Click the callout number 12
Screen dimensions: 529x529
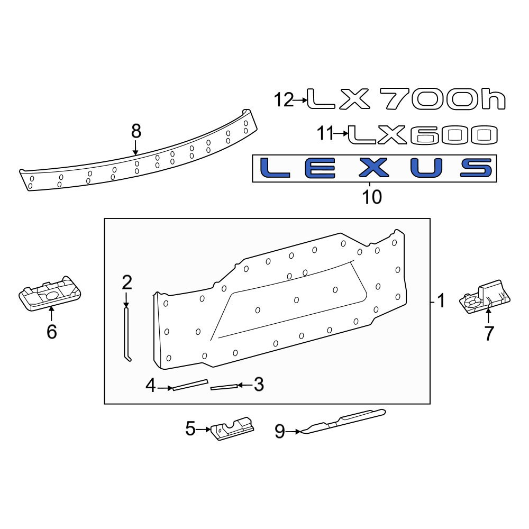284,99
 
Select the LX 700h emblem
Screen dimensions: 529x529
406,99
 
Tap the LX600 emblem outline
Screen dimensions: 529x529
423,135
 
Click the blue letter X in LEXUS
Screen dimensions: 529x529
375,168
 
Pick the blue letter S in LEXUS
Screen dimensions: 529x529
476,168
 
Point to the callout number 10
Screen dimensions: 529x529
372,197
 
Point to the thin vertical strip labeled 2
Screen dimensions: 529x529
127,336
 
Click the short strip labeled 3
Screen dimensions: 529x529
224,387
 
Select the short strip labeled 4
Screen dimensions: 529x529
189,385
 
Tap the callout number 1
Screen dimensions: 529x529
441,302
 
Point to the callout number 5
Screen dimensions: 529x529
190,429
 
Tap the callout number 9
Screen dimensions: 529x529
280,432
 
